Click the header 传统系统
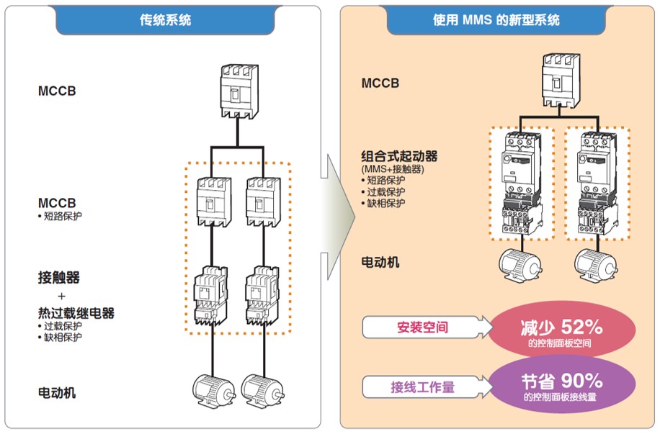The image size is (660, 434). click(x=166, y=20)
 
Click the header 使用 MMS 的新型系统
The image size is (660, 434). click(x=498, y=20)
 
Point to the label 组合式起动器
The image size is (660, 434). click(x=400, y=156)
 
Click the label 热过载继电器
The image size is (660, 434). click(x=76, y=313)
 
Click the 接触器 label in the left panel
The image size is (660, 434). click(x=59, y=276)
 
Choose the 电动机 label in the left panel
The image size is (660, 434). click(x=57, y=393)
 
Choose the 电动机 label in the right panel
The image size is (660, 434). click(x=380, y=262)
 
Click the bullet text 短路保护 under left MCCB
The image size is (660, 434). click(x=63, y=216)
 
